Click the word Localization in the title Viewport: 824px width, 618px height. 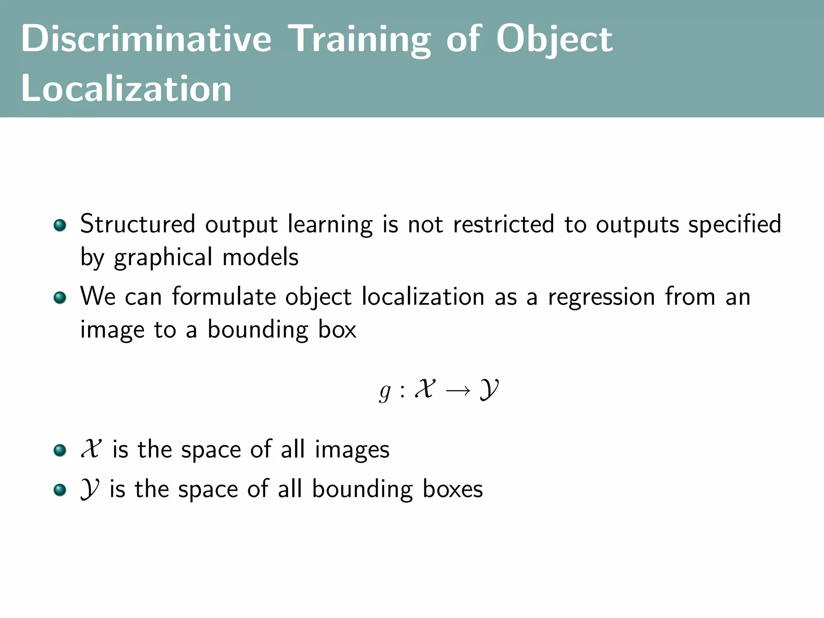coord(126,89)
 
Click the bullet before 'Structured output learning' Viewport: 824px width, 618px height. coord(60,225)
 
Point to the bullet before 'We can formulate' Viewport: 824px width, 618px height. coord(60,298)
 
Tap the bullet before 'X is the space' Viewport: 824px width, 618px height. coord(60,450)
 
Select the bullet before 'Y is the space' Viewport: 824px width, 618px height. coord(60,490)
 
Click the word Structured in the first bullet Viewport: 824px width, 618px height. coord(138,224)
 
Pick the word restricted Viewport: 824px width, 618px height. coord(504,224)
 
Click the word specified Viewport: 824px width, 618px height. coord(735,224)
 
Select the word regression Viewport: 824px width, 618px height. coord(602,297)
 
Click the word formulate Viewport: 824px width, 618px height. coord(224,297)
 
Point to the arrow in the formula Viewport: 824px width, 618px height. coord(458,390)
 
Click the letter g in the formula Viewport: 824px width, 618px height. coord(385,391)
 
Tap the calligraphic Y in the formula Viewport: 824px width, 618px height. coord(489,389)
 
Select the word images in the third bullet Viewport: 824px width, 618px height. coord(352,450)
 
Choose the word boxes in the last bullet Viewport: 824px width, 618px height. coord(453,490)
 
